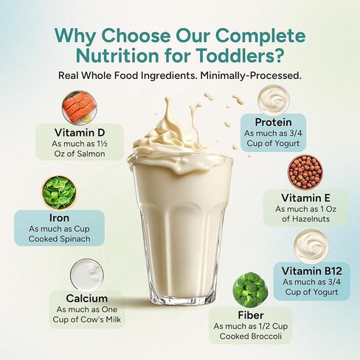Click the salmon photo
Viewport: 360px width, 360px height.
point(77,108)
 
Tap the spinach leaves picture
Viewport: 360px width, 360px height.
point(58,192)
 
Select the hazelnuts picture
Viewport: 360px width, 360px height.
point(305,172)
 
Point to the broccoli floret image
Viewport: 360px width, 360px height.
point(250,290)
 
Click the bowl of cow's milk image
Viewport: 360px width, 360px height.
point(86,274)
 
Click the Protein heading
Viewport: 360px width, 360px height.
point(274,122)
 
